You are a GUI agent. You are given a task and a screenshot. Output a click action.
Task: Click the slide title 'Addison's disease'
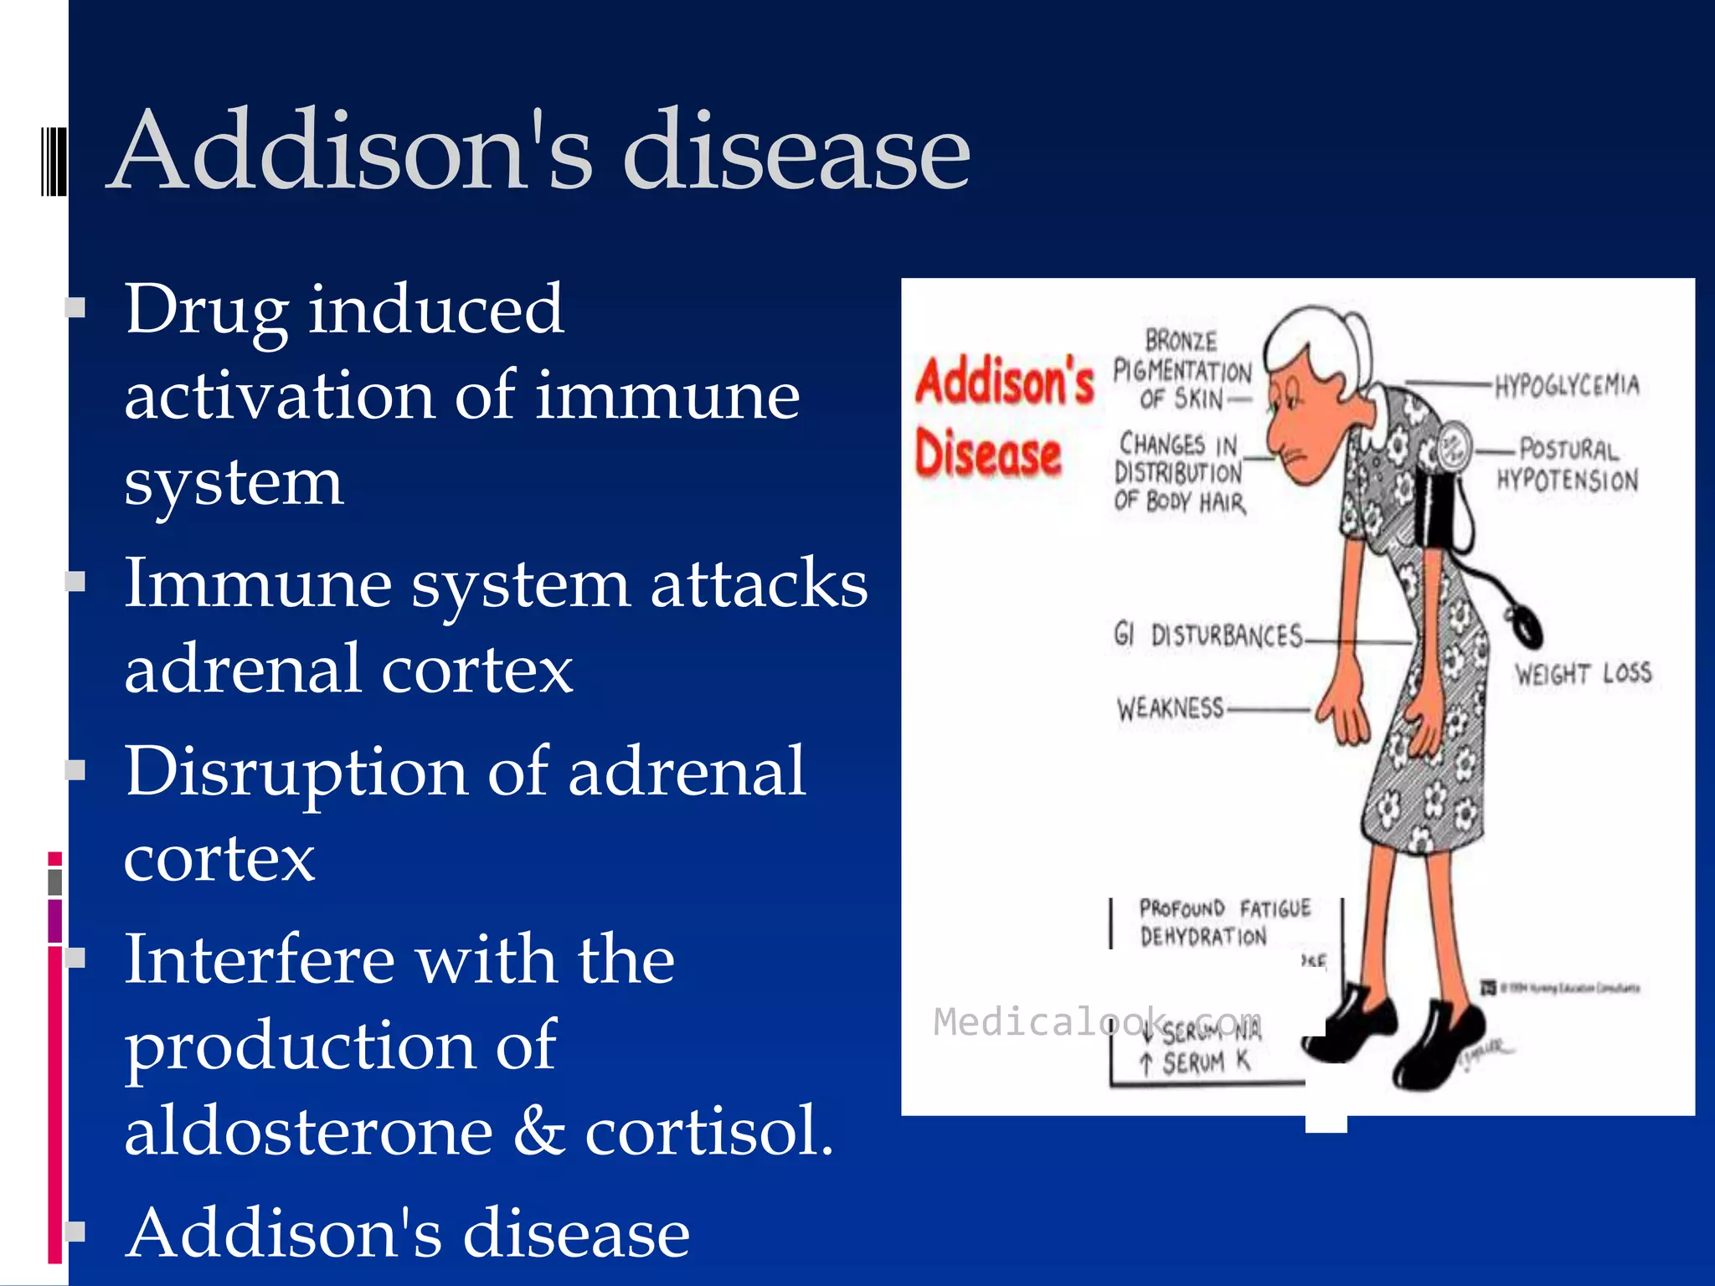(540, 151)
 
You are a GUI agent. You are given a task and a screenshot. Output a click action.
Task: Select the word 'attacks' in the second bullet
(759, 584)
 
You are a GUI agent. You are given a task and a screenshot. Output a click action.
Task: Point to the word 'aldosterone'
(308, 1131)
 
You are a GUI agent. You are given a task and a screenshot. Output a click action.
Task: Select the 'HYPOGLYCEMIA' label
(1567, 385)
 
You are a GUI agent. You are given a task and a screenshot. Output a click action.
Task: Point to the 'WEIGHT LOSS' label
(1583, 673)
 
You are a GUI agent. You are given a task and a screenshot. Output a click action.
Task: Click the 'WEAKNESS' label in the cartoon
(1170, 708)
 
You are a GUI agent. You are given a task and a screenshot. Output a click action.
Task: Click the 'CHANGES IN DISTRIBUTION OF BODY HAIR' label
(1179, 472)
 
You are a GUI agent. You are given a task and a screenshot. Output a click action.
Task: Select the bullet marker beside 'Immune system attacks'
(76, 581)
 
